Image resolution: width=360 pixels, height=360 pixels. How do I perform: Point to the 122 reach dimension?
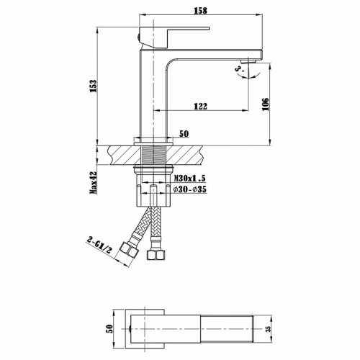200,107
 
